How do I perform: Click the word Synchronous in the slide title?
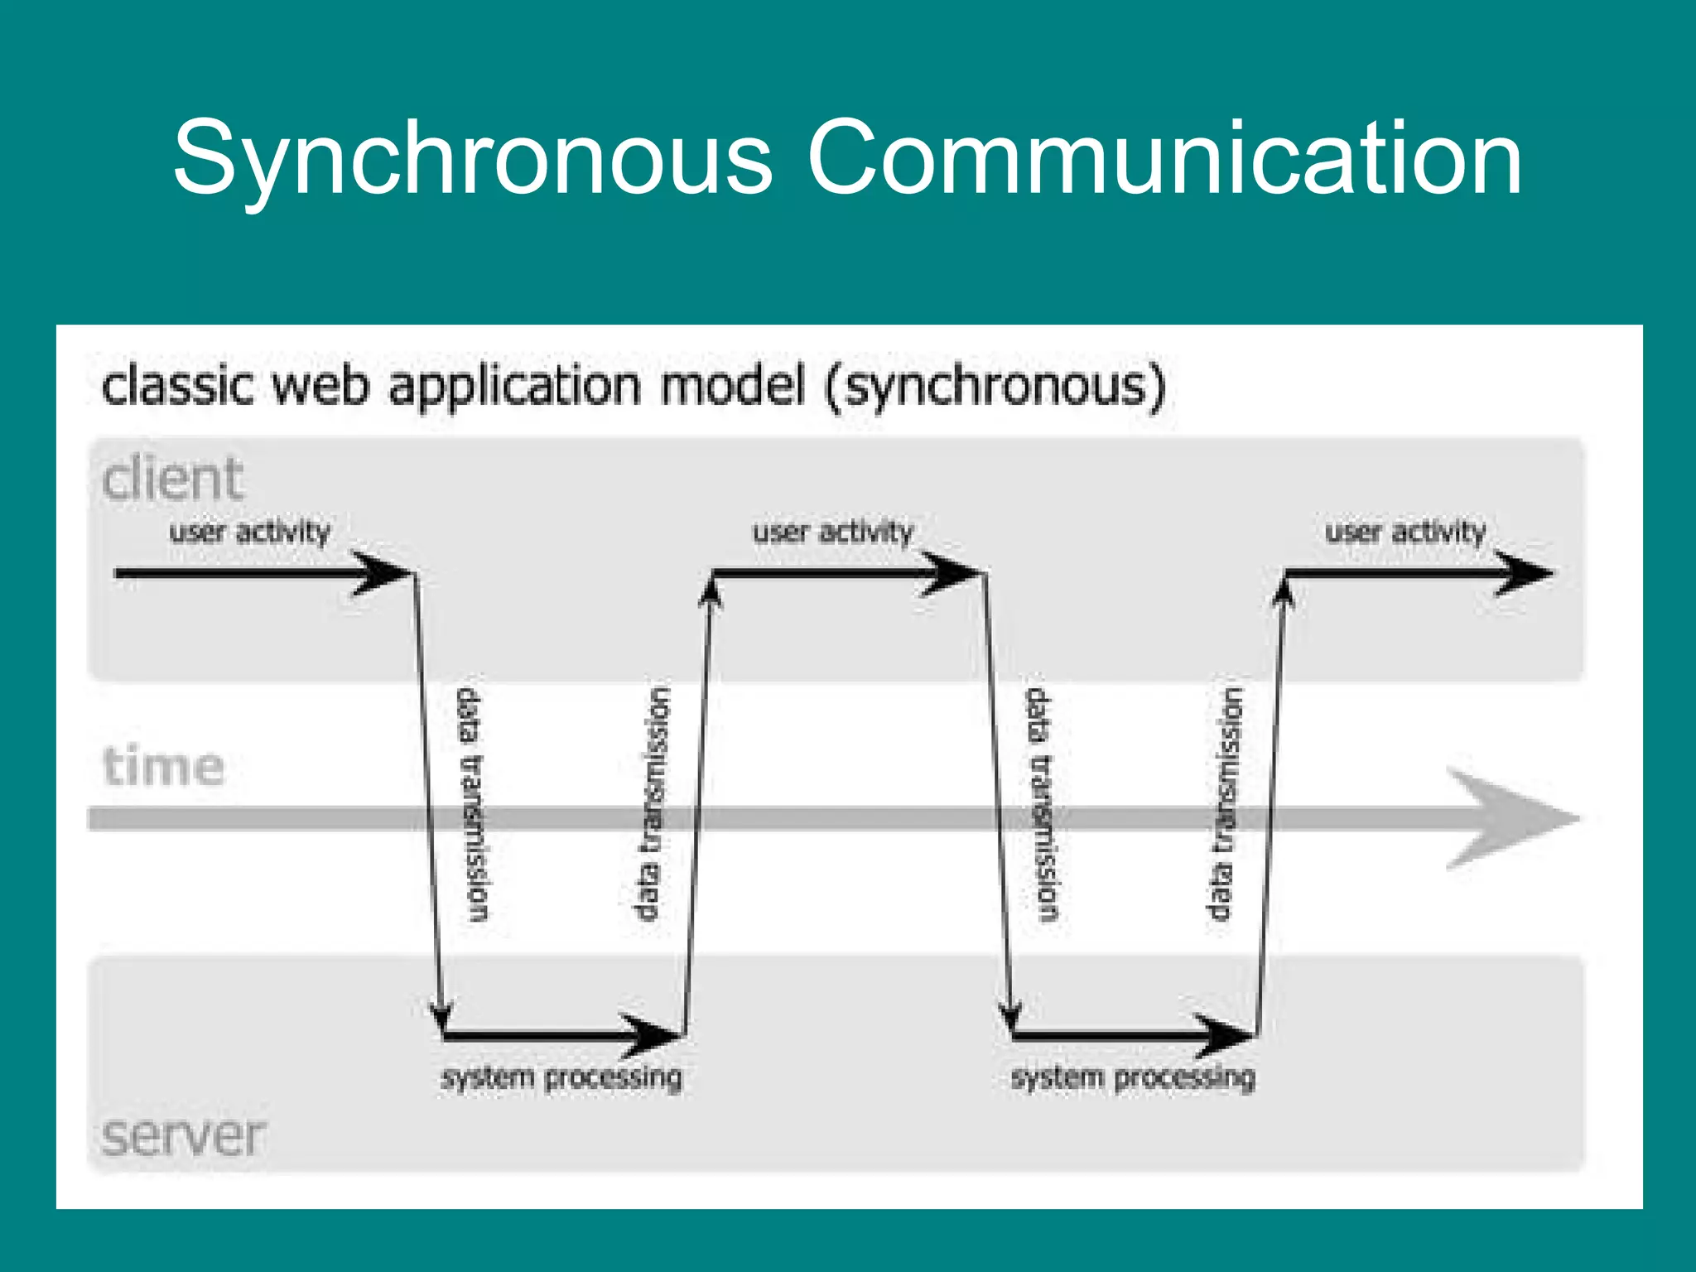pos(472,159)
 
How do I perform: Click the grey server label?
pos(183,1135)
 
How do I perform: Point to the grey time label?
pos(163,765)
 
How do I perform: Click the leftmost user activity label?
pos(249,531)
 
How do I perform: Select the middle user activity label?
pos(832,531)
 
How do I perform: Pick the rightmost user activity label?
pos(1405,531)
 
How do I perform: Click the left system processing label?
pos(561,1077)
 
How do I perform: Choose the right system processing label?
pos(1133,1077)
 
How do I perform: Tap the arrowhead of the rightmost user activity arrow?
pos(1525,573)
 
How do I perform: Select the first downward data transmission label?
pos(474,803)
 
